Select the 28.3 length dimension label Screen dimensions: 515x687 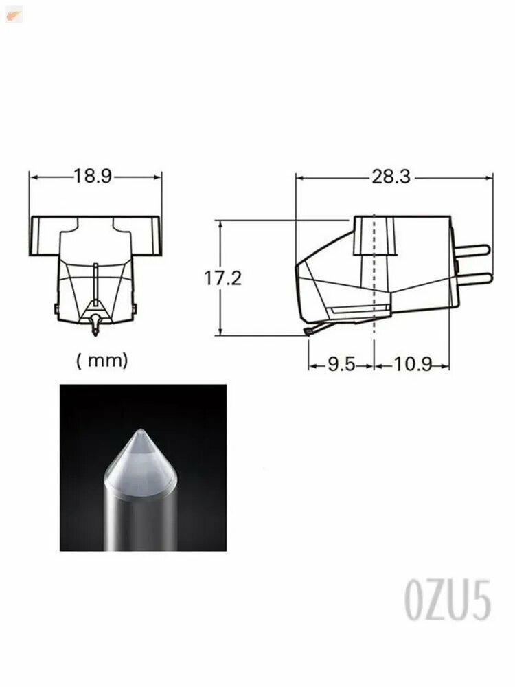pyautogui.click(x=391, y=177)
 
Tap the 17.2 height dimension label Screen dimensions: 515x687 pyautogui.click(x=223, y=278)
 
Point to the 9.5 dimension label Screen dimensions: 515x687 pyautogui.click(x=341, y=364)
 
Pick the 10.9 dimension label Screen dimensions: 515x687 pyautogui.click(x=413, y=364)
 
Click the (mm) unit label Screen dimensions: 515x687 pyautogui.click(x=102, y=361)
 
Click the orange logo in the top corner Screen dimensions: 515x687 pyautogui.click(x=13, y=16)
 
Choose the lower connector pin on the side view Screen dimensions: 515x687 pyautogui.click(x=472, y=278)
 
